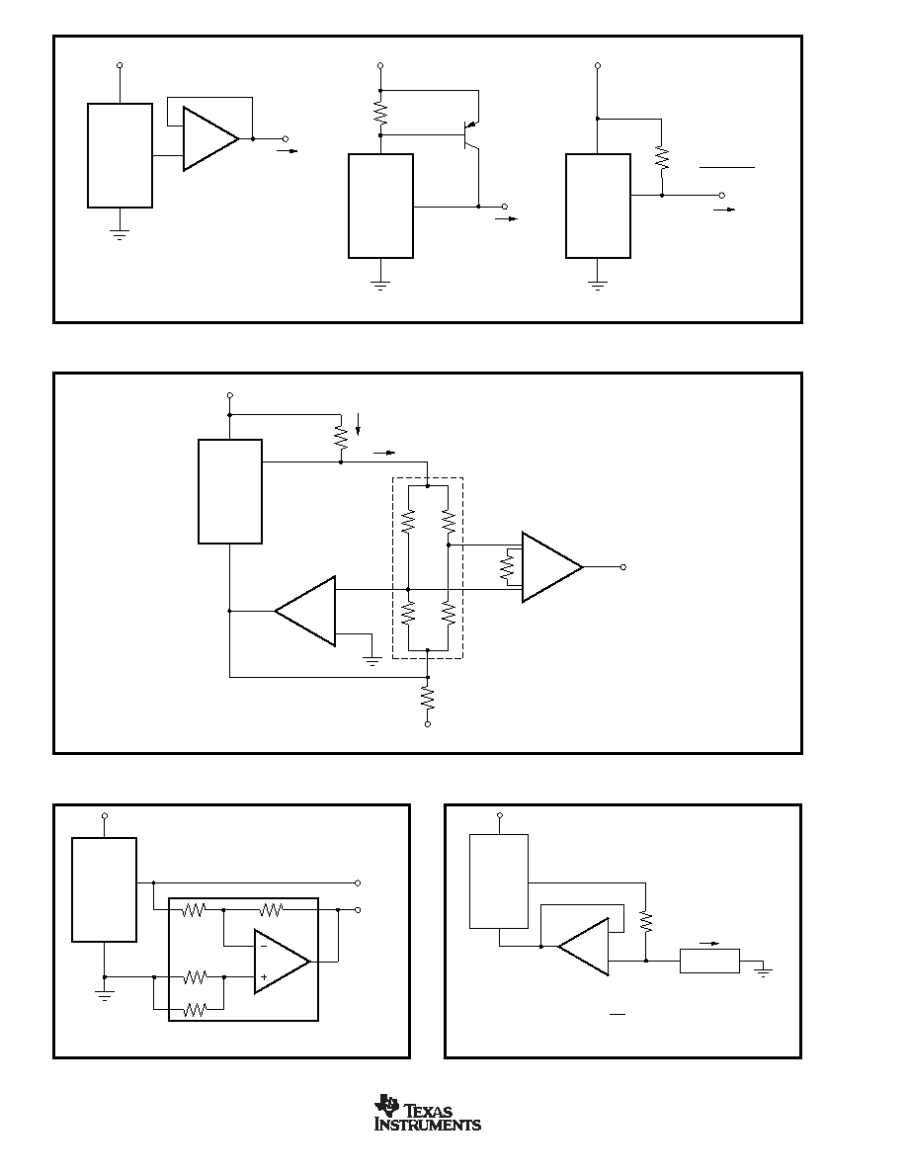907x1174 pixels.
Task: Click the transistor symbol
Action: pyautogui.click(x=470, y=134)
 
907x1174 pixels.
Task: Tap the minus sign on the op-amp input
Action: pyautogui.click(x=264, y=947)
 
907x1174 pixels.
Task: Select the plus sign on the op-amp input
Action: pyautogui.click(x=264, y=976)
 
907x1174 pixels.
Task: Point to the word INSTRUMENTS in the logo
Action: pyautogui.click(x=427, y=1124)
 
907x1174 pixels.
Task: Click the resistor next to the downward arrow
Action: pyautogui.click(x=341, y=437)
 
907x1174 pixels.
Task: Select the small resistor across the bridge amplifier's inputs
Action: pyautogui.click(x=508, y=567)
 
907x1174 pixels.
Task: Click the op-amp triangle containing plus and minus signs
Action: pyautogui.click(x=282, y=962)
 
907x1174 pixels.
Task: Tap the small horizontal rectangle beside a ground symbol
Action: pyautogui.click(x=709, y=961)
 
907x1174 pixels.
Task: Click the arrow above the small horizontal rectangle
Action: pyautogui.click(x=708, y=944)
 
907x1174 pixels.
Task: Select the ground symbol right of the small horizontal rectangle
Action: pyautogui.click(x=764, y=971)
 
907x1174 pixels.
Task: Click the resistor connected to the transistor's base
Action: pyautogui.click(x=380, y=113)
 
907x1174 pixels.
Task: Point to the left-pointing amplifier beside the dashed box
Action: pyautogui.click(x=305, y=611)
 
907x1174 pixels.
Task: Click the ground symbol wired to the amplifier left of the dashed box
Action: pyautogui.click(x=371, y=659)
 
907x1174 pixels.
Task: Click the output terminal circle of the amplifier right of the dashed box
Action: pyautogui.click(x=622, y=567)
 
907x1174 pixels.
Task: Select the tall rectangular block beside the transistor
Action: pyautogui.click(x=381, y=206)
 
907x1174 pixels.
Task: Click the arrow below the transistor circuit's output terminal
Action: pyautogui.click(x=507, y=218)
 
